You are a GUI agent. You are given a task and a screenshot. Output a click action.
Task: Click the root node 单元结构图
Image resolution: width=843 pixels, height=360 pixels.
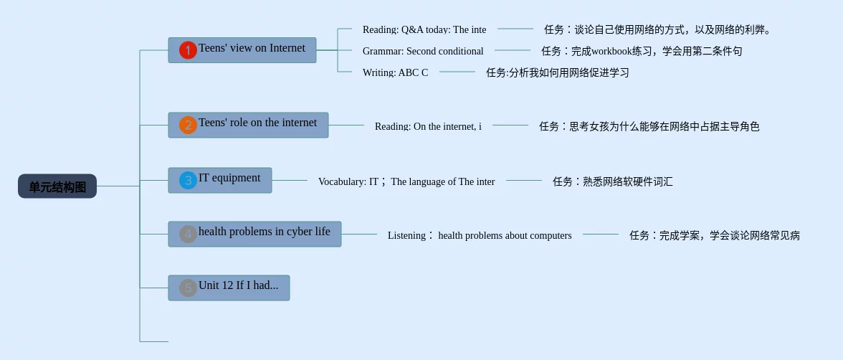pos(57,186)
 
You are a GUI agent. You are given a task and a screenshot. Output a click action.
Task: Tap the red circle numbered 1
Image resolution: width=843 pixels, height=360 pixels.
pos(188,50)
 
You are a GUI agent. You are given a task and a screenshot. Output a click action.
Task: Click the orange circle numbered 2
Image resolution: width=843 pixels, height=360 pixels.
pos(188,125)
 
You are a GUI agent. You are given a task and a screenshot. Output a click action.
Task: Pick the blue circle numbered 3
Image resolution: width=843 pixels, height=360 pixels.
pos(188,181)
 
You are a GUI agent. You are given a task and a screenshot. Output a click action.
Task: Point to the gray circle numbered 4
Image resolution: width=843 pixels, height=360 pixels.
pos(188,234)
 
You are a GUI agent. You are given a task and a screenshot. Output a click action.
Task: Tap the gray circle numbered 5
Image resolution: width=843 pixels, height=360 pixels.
pos(188,288)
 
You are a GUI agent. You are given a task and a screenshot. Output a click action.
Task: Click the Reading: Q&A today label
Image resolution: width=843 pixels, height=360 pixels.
pos(424,29)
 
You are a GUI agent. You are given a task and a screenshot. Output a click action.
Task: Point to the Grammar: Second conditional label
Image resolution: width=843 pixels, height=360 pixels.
pos(422,51)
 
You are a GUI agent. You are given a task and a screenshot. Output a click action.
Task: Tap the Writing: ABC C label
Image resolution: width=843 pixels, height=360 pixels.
pos(395,72)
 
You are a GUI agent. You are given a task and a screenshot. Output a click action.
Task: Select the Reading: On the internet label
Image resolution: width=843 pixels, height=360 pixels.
pos(428,126)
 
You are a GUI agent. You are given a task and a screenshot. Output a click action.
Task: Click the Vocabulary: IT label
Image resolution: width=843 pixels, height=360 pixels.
pos(406,181)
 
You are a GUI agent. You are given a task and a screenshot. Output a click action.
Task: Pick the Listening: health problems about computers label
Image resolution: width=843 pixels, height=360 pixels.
pos(479,235)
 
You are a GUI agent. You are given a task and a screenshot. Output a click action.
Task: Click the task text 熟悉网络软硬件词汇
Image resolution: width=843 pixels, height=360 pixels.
pos(612,181)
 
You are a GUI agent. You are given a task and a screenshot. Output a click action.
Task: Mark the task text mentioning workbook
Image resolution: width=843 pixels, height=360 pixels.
pos(642,51)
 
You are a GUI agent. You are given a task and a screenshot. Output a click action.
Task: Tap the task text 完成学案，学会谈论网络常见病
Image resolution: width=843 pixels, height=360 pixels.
pos(715,235)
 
